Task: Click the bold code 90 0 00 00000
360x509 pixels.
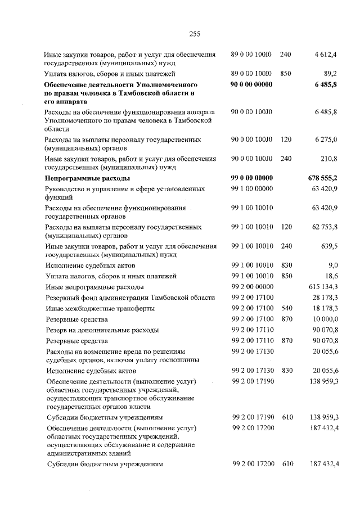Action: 251,84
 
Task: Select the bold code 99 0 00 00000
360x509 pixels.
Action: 251,178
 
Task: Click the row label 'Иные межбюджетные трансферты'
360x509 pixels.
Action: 100,308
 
